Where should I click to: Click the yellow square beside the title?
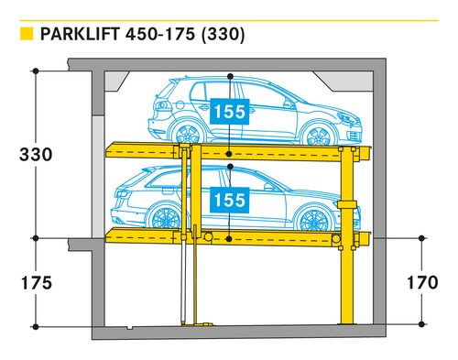pos(27,34)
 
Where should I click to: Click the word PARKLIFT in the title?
pos(80,34)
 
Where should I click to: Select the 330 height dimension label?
pos(36,154)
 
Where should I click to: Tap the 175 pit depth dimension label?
pos(37,283)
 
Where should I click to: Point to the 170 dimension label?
pos(422,282)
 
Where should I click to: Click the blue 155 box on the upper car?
pos(230,112)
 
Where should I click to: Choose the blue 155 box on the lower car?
pos(230,200)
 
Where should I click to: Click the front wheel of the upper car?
pos(318,135)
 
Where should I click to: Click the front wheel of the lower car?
pos(314,220)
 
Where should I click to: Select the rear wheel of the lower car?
pos(166,217)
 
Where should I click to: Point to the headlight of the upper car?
pos(345,118)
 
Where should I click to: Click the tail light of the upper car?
pos(162,105)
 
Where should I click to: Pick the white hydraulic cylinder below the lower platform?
pos(183,281)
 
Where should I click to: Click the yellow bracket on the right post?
pos(347,204)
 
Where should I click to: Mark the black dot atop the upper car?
pos(230,76)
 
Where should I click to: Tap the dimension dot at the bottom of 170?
pos(422,324)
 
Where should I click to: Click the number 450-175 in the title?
pos(160,34)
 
